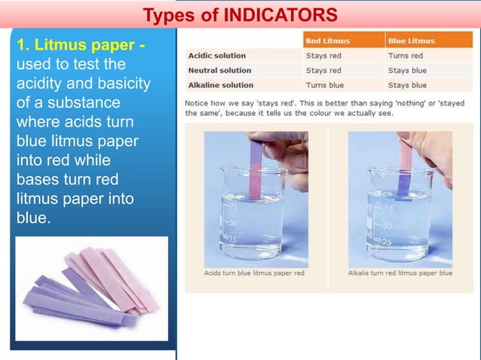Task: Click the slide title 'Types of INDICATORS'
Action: pyautogui.click(x=240, y=14)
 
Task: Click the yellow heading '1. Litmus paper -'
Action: pyautogui.click(x=81, y=47)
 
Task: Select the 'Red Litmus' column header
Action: pyautogui.click(x=328, y=41)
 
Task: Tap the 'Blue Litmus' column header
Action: pyautogui.click(x=411, y=41)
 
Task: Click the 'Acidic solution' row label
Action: pyautogui.click(x=217, y=56)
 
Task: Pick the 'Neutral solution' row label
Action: pyautogui.click(x=219, y=70)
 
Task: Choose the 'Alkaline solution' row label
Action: pyautogui.click(x=221, y=85)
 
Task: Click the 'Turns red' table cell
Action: pyautogui.click(x=406, y=56)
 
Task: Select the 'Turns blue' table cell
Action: pyautogui.click(x=326, y=85)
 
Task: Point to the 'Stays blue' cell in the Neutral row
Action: pyautogui.click(x=407, y=70)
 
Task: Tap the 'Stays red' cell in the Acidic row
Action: pyautogui.click(x=323, y=56)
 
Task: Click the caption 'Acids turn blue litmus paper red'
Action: pyautogui.click(x=255, y=273)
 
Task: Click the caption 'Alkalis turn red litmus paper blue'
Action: pyautogui.click(x=400, y=273)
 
